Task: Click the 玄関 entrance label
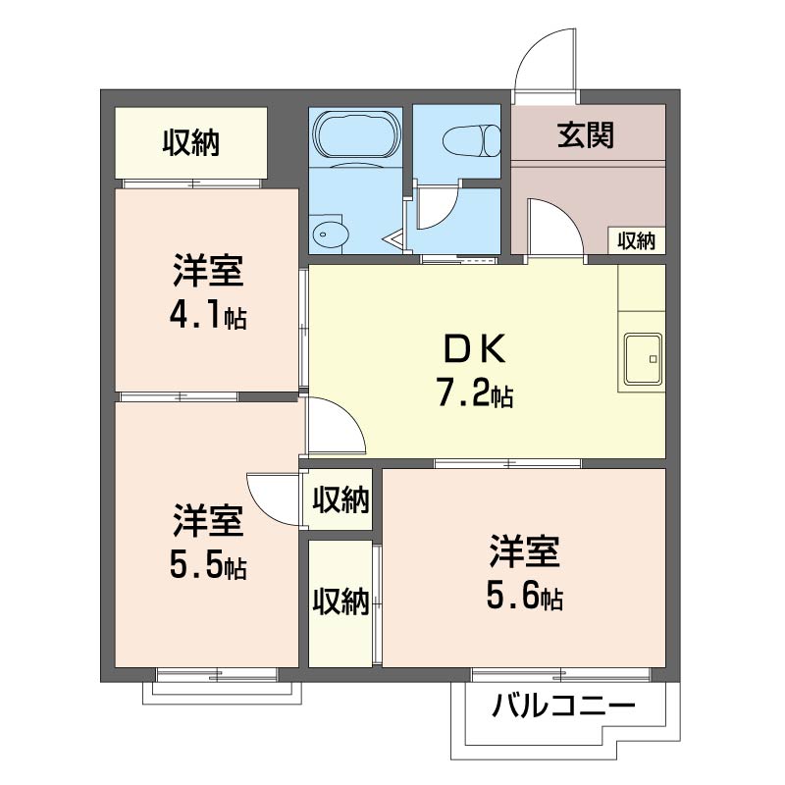tap(585, 134)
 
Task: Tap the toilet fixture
tap(472, 140)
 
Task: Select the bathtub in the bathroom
tap(356, 132)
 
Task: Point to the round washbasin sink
tap(329, 235)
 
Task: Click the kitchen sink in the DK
tap(643, 359)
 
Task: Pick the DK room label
tap(475, 350)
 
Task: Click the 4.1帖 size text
tap(208, 315)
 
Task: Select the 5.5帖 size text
tap(208, 566)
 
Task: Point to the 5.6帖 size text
tap(525, 597)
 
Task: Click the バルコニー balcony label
tap(563, 706)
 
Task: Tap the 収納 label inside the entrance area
tap(636, 241)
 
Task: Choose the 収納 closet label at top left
tap(190, 142)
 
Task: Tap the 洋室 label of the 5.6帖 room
tap(525, 551)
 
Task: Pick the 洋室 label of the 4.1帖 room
tap(208, 271)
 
